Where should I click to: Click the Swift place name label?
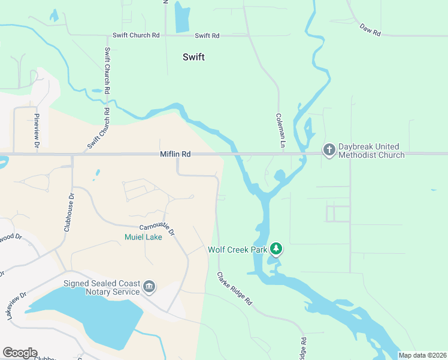[x=193, y=57]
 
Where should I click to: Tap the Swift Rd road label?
[x=207, y=36]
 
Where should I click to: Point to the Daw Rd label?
[x=371, y=30]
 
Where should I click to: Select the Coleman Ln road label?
[x=279, y=131]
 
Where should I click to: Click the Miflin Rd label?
[x=175, y=154]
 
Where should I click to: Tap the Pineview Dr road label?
[x=37, y=131]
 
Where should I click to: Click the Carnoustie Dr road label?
[x=157, y=229]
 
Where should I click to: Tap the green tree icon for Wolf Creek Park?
[x=276, y=248]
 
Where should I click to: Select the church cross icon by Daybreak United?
[x=329, y=149]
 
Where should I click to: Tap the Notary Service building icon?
[x=149, y=287]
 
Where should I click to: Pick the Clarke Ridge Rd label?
[x=235, y=290]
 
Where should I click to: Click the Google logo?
[x=20, y=353]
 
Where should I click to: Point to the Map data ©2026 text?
[x=422, y=355]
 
